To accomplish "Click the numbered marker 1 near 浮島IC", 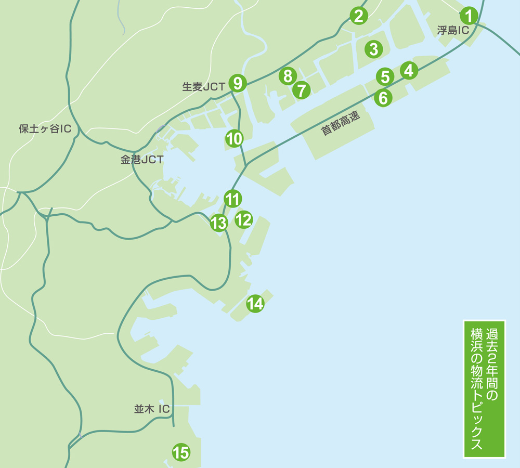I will coord(469,16).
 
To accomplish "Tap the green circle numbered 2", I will coord(358,16).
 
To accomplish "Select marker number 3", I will coord(373,49).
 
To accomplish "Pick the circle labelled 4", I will coord(409,70).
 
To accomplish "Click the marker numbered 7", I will coord(301,90).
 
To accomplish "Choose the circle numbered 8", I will coord(287,76).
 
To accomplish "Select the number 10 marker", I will coord(235,138).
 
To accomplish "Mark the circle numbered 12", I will coord(243,219).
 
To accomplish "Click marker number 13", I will coord(219,223).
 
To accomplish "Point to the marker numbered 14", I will coord(255,303).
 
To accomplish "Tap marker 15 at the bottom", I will coord(180,452).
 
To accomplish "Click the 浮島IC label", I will coord(453,31).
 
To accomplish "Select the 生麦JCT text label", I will coord(203,87).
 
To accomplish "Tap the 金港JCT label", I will coord(142,160).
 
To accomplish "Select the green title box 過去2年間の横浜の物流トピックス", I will coord(484,389).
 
